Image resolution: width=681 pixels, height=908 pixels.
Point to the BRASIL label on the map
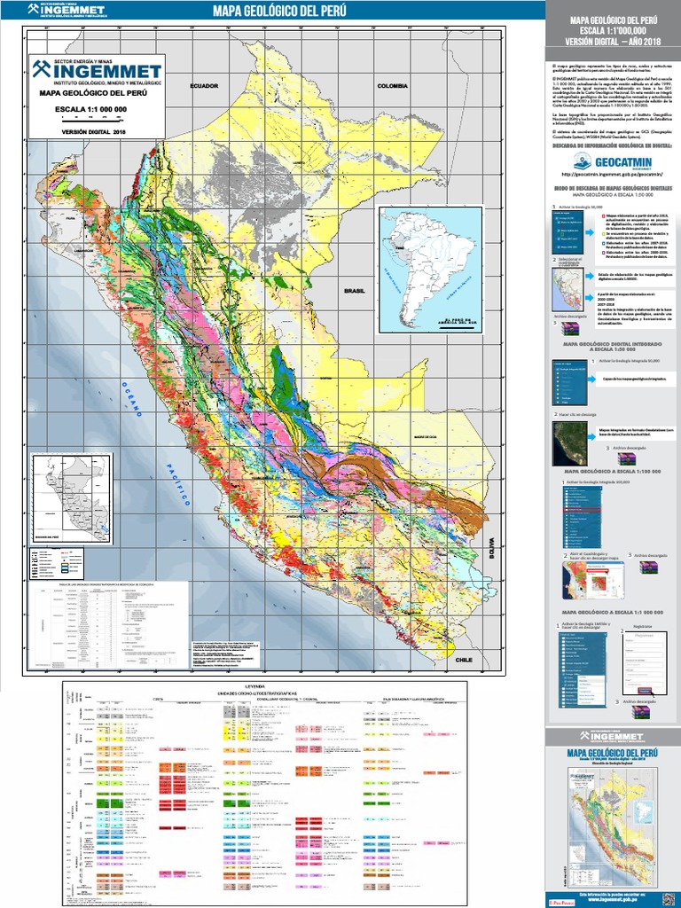(355, 290)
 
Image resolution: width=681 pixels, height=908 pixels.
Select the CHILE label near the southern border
(465, 660)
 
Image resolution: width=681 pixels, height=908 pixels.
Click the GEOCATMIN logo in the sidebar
(612, 161)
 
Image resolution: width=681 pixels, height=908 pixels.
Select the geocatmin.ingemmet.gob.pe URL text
(612, 175)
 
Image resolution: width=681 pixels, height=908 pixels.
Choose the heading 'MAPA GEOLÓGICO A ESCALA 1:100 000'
(612, 472)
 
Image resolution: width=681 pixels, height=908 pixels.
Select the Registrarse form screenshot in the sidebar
(645, 660)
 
